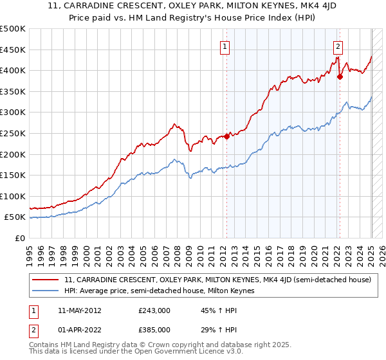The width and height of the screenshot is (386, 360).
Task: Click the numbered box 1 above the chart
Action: pos(225,46)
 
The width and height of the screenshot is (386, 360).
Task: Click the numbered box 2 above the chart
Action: pos(338,46)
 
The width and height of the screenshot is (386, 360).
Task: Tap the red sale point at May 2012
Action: pos(226,136)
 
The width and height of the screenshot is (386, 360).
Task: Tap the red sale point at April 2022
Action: pos(340,76)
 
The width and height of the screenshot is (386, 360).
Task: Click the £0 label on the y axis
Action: pos(20,238)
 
